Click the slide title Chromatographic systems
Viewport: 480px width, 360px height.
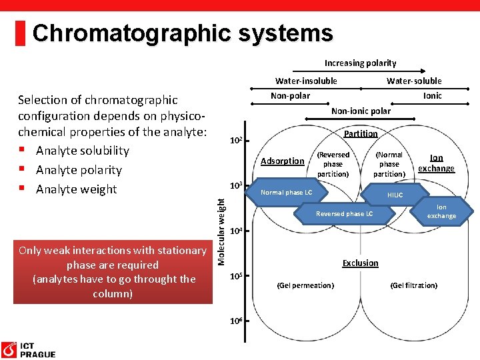coord(182,33)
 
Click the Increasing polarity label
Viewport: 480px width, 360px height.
coord(360,63)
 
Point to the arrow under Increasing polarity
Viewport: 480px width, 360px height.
coord(360,71)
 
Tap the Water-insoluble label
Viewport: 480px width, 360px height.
coord(306,81)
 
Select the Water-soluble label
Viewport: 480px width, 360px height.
coord(414,81)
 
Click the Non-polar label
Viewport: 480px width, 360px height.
coord(290,96)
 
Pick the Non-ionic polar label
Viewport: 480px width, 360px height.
coord(361,111)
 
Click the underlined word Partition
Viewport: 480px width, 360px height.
coord(361,133)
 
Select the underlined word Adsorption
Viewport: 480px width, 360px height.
coord(282,161)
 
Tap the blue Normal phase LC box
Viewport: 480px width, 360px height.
coord(287,193)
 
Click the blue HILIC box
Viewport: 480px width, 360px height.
coord(396,195)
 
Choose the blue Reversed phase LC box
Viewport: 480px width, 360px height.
coord(344,213)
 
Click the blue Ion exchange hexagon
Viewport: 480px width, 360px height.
coord(441,212)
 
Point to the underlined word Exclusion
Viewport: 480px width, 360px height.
coord(360,263)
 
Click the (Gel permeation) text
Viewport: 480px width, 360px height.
coord(305,285)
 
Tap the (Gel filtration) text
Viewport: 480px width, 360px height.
coord(414,285)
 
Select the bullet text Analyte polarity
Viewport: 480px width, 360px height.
coord(79,170)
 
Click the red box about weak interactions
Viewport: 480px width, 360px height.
coord(112,272)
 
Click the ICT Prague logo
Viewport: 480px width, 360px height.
coord(28,350)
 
